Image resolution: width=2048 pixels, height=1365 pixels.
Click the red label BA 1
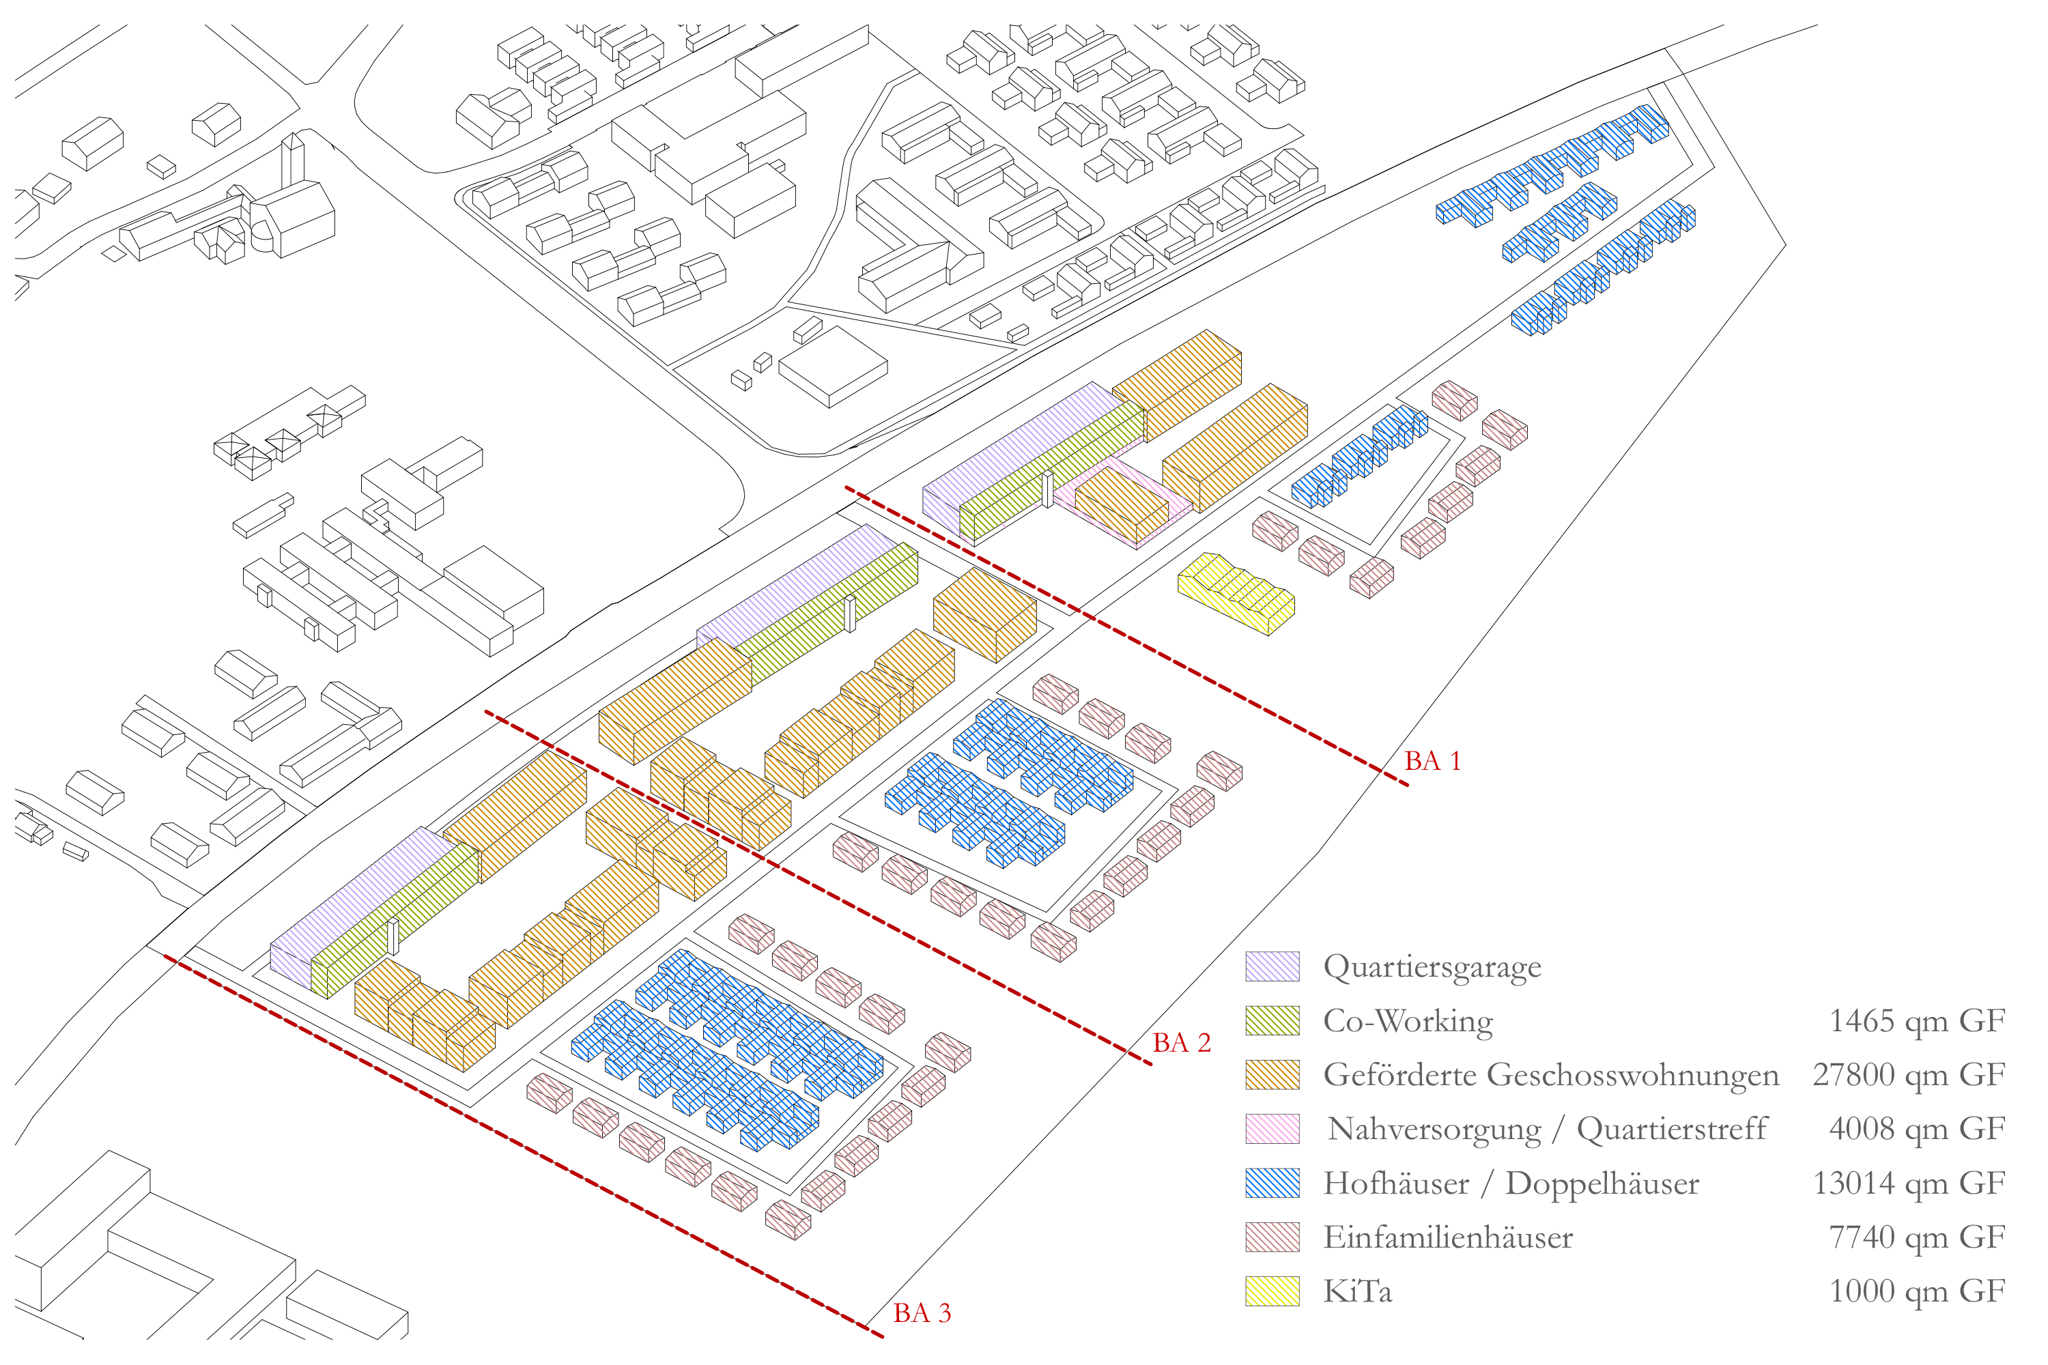[x=1432, y=762]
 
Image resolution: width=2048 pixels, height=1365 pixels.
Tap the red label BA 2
[x=1181, y=1043]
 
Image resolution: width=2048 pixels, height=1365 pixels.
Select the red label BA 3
[x=921, y=1312]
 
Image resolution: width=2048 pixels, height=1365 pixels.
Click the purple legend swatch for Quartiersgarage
[x=1272, y=966]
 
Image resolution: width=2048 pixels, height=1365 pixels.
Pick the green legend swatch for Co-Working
[x=1272, y=1020]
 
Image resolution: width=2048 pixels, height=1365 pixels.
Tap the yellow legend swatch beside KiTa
[x=1272, y=1291]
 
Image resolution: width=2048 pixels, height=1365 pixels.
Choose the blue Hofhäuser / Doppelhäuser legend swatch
[x=1272, y=1183]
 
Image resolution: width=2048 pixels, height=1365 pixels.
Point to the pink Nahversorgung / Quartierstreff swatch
[x=1272, y=1129]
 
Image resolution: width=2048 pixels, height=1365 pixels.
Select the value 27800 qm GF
[x=1909, y=1075]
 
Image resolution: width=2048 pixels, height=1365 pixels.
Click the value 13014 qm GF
[x=1909, y=1183]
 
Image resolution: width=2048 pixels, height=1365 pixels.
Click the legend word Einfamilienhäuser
[x=1447, y=1237]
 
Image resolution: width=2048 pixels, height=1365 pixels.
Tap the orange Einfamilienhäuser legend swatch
[x=1272, y=1237]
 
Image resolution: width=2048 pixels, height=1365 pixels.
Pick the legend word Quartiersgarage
[x=1432, y=967]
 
